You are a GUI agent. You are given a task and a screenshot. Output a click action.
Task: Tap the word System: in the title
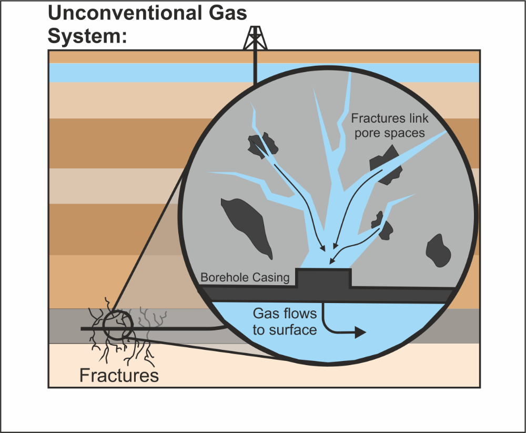(x=87, y=36)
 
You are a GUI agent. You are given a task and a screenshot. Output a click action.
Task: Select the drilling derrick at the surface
(x=255, y=37)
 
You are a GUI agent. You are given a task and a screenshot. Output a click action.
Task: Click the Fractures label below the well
(x=119, y=375)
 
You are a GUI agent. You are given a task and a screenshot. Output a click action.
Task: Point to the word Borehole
(x=225, y=278)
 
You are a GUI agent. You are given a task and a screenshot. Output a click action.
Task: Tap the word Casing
(x=271, y=278)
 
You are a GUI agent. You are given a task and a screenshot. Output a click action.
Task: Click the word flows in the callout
(x=299, y=314)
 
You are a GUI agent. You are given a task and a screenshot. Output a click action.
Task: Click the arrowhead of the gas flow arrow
(x=360, y=333)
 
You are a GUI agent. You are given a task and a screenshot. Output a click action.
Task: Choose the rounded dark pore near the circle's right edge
(x=438, y=250)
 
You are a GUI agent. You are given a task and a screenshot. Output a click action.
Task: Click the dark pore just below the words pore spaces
(x=386, y=165)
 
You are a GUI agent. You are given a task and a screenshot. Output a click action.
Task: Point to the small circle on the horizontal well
(x=118, y=325)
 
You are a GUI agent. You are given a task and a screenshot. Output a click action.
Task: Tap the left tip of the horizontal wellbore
(x=82, y=329)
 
